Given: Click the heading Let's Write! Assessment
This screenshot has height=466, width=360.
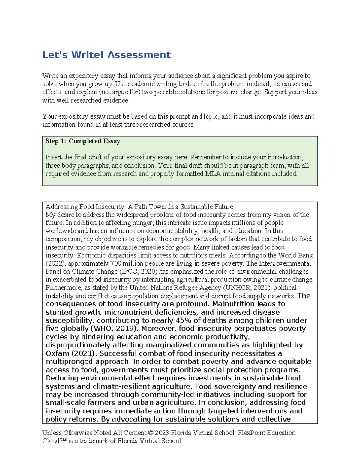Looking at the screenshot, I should click(106, 55).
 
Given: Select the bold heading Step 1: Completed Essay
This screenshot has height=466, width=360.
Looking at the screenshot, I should click(83, 141).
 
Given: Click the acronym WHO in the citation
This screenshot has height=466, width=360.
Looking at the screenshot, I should click(103, 329).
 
